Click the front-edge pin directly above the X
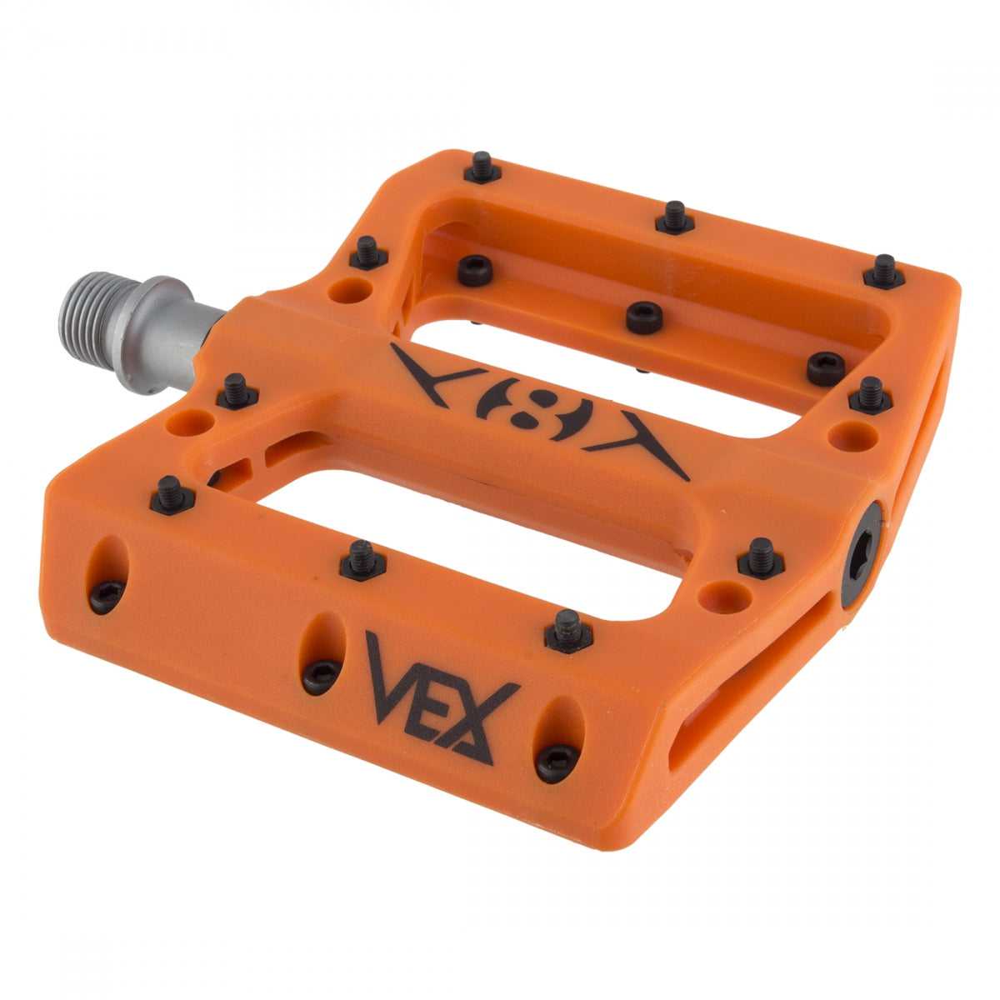click(x=567, y=630)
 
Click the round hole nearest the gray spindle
click(x=349, y=290)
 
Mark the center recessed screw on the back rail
click(x=644, y=317)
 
